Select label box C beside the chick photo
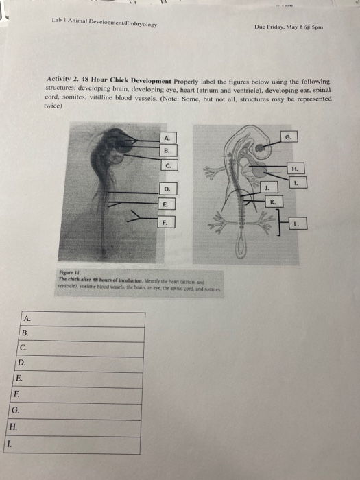(x=168, y=165)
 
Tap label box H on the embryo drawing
(x=295, y=168)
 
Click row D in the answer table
(x=80, y=362)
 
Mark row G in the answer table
(x=76, y=410)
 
